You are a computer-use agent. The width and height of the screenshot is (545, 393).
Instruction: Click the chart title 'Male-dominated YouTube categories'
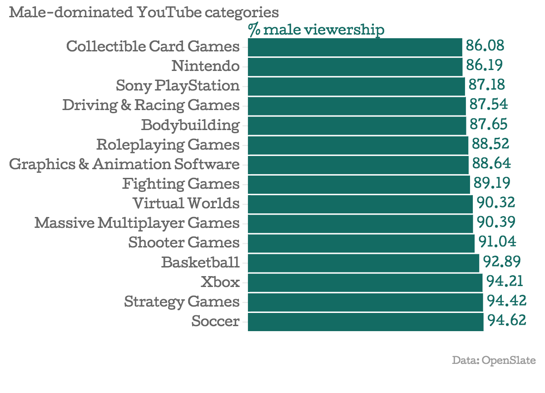click(x=144, y=12)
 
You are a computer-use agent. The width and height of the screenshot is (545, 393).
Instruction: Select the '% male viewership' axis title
click(x=316, y=30)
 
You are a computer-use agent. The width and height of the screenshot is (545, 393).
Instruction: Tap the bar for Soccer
click(x=366, y=321)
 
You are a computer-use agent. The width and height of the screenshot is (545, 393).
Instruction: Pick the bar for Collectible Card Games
click(x=355, y=47)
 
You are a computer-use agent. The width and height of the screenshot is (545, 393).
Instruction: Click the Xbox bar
click(x=365, y=282)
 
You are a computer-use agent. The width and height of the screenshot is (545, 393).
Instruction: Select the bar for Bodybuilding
click(x=357, y=125)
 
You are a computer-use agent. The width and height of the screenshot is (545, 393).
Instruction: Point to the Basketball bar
click(x=363, y=262)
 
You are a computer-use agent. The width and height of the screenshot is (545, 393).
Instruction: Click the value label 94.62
click(x=507, y=321)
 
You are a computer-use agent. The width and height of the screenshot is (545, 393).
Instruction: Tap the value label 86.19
click(x=484, y=66)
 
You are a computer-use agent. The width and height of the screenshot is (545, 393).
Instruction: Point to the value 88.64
click(x=491, y=164)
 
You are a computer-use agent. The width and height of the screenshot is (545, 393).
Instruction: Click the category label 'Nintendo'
click(x=205, y=66)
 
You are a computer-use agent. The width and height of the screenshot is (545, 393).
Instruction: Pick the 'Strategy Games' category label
click(x=182, y=302)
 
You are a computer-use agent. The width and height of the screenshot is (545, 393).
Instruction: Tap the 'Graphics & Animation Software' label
click(x=124, y=164)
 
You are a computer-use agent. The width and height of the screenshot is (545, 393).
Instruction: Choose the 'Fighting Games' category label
click(x=181, y=184)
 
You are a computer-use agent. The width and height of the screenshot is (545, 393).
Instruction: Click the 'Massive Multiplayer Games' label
click(x=137, y=223)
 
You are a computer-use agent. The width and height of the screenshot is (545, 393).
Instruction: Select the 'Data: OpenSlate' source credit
click(x=494, y=361)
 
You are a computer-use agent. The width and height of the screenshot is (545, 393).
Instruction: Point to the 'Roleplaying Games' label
click(x=168, y=145)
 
